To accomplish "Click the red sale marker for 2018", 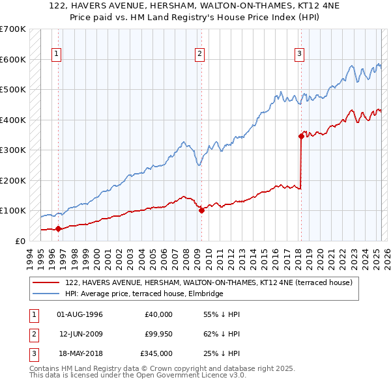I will pos(301,136).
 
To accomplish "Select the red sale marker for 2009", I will pos(201,210).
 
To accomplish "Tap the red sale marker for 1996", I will pos(58,228).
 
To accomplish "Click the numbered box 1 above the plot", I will pos(57,54).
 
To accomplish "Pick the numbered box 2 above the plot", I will pos(199,54).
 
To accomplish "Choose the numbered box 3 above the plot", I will pos(299,54).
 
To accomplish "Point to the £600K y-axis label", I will pos(13,59).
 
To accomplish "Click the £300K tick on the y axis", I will pos(13,150).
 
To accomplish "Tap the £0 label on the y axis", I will pos(20,241).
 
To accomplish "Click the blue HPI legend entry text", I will pos(144,294).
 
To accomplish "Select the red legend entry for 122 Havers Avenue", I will pos(209,282).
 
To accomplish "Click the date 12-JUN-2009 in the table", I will pos(80,334).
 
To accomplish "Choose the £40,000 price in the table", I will pos(159,314).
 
